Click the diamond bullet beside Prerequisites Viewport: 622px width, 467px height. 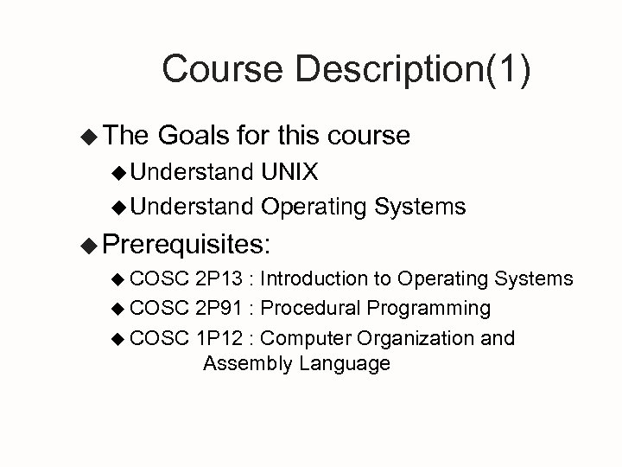click(86, 245)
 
